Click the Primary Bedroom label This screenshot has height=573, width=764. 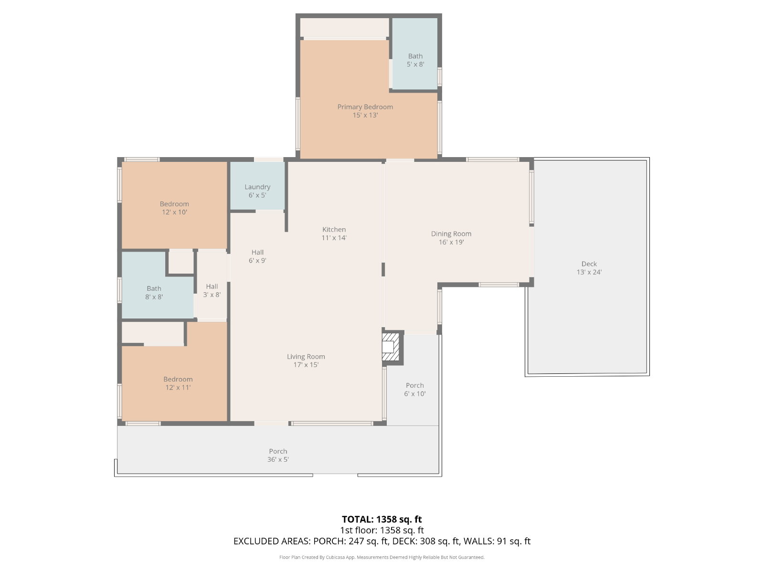365,107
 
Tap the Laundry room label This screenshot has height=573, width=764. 257,187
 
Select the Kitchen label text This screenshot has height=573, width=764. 334,229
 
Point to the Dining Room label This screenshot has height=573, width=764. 451,234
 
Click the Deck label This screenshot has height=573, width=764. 589,264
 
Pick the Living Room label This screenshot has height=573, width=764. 306,357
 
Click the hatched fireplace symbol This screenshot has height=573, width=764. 391,347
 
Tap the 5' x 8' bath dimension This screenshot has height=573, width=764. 415,64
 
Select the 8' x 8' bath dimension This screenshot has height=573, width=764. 154,297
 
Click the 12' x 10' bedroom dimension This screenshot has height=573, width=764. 174,212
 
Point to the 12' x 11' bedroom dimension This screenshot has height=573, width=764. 178,388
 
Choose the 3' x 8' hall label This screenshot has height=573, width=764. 212,290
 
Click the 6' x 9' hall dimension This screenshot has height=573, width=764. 257,261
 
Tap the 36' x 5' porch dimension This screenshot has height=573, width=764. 278,459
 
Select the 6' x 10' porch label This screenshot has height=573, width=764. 414,390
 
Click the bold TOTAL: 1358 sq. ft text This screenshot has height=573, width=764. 382,520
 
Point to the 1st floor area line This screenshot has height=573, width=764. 382,530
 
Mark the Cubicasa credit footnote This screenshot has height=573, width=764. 382,557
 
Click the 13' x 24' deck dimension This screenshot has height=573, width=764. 589,272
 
